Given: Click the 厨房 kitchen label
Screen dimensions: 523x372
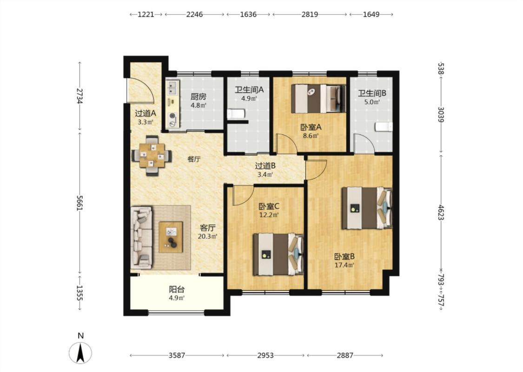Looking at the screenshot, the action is (199, 97).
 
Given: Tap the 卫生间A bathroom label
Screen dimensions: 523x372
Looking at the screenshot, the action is (249, 90).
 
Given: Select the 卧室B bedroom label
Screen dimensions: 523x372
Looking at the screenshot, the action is (344, 257).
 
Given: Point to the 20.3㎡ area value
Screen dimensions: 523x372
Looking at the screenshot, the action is (207, 237).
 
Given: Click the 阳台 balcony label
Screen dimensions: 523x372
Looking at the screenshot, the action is (177, 289).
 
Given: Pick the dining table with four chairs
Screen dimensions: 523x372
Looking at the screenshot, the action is (152, 155).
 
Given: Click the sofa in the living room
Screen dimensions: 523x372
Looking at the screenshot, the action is (141, 237).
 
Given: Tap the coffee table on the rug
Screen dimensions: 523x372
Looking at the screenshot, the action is (171, 237).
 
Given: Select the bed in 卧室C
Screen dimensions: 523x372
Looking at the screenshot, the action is (278, 254).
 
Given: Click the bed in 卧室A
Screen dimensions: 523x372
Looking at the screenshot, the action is (318, 99).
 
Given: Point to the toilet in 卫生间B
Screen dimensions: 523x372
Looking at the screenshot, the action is (384, 127).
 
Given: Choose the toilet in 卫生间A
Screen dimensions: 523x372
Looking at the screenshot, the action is (237, 114).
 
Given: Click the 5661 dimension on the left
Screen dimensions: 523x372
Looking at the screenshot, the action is (79, 203).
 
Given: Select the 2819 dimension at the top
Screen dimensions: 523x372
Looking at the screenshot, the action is (310, 14).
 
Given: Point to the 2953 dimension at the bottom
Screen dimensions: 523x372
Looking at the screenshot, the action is (265, 355).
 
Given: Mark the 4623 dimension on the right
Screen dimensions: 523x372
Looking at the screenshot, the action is (441, 213).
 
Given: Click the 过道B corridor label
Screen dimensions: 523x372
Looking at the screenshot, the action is (265, 166).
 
